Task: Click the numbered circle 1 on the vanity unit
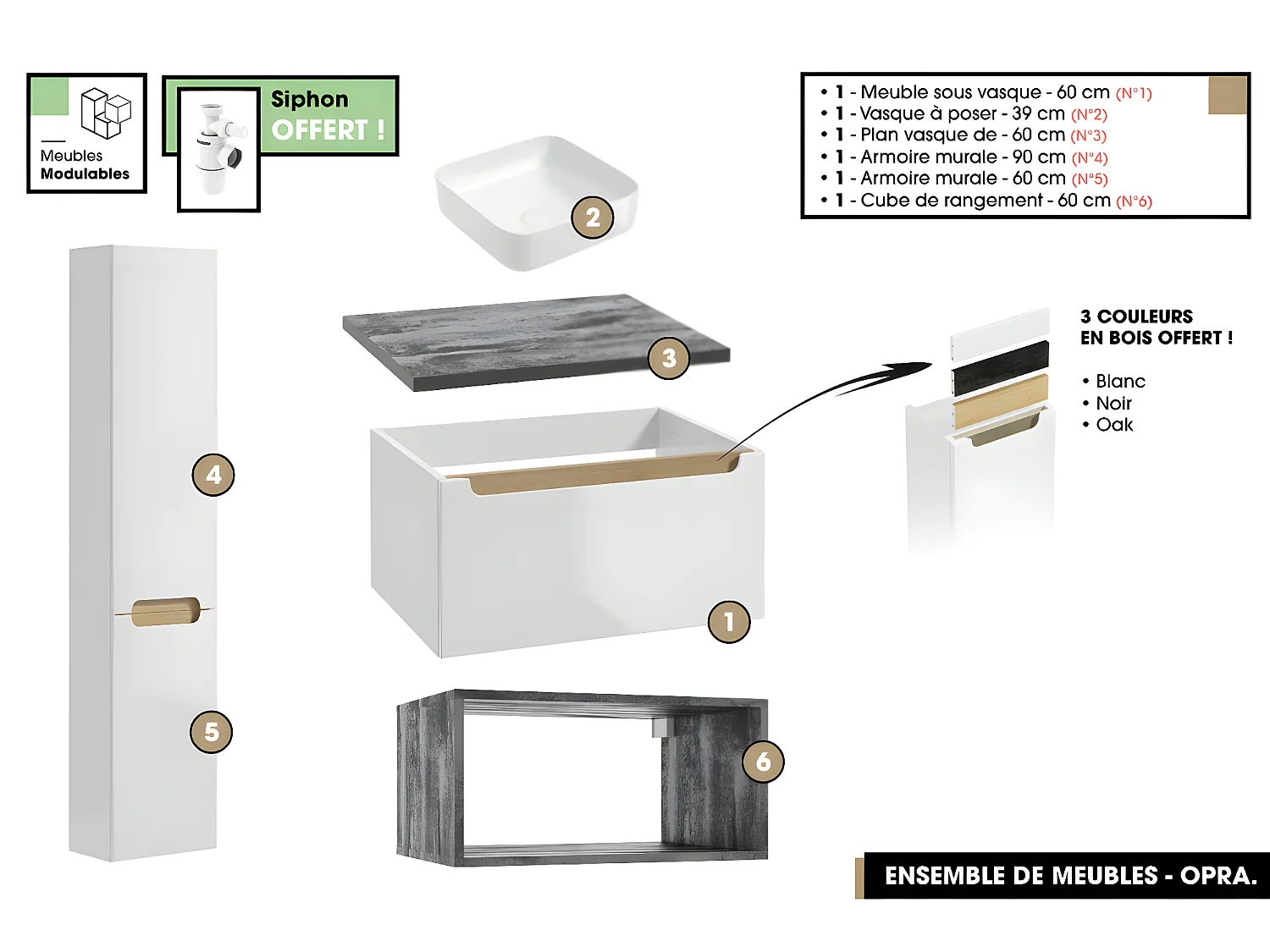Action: (x=729, y=622)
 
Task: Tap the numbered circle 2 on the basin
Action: (x=593, y=217)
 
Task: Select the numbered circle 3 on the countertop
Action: (x=669, y=358)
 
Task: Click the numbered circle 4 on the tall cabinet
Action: (x=213, y=475)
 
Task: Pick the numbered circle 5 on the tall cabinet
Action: (x=212, y=732)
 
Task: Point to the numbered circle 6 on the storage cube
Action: (x=763, y=762)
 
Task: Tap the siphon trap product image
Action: (x=218, y=149)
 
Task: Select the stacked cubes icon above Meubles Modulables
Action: (x=106, y=113)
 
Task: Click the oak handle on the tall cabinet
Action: (x=165, y=612)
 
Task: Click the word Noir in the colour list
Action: (x=1113, y=404)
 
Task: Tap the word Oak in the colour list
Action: (x=1114, y=425)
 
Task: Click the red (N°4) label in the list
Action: (x=1090, y=157)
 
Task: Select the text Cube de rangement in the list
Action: (x=951, y=201)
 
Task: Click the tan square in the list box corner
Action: (x=1228, y=95)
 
